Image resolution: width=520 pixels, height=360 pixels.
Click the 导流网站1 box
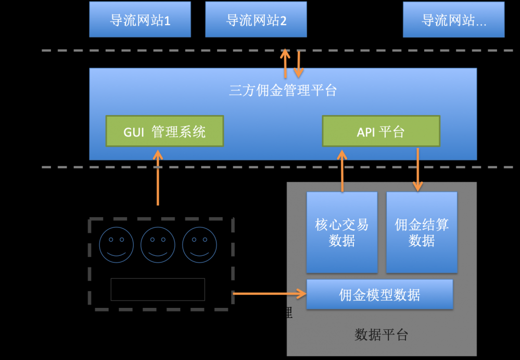[140, 19]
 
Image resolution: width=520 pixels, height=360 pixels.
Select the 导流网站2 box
[256, 19]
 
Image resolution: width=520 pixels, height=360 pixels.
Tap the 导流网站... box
[453, 19]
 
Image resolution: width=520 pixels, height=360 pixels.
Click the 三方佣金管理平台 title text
[283, 91]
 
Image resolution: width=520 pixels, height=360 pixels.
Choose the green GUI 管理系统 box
[164, 131]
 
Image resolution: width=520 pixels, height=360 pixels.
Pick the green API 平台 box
[381, 131]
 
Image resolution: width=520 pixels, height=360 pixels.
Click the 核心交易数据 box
[342, 232]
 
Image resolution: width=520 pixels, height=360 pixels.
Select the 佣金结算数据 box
[422, 232]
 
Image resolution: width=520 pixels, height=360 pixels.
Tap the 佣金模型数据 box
[379, 295]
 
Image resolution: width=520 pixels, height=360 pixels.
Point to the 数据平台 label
[382, 334]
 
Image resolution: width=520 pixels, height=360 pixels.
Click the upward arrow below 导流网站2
[285, 64]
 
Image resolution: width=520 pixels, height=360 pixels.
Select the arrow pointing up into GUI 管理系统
[158, 177]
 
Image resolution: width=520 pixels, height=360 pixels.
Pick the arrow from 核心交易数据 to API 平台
[342, 171]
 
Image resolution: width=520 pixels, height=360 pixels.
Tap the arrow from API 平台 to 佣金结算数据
[417, 169]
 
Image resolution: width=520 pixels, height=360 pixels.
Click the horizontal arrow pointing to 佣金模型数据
[270, 294]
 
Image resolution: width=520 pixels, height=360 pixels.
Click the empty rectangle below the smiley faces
[158, 289]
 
